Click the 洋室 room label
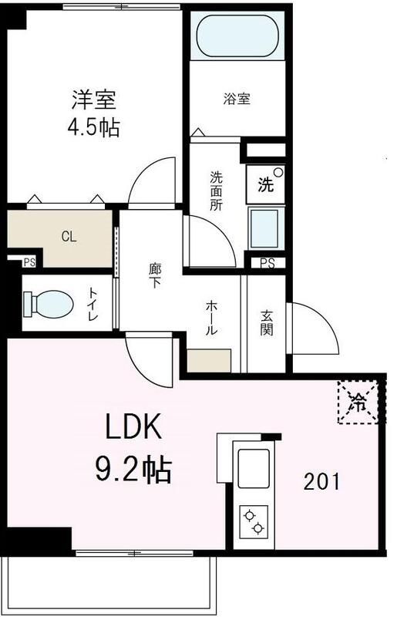pos(94,99)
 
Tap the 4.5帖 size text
pos(94,126)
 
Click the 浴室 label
pos(237,99)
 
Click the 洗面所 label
pos(217,190)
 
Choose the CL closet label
pos(69,237)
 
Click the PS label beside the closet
pos(29,263)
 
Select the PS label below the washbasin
pos(267,263)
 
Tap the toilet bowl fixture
pos(48,303)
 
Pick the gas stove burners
pos(254,521)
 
